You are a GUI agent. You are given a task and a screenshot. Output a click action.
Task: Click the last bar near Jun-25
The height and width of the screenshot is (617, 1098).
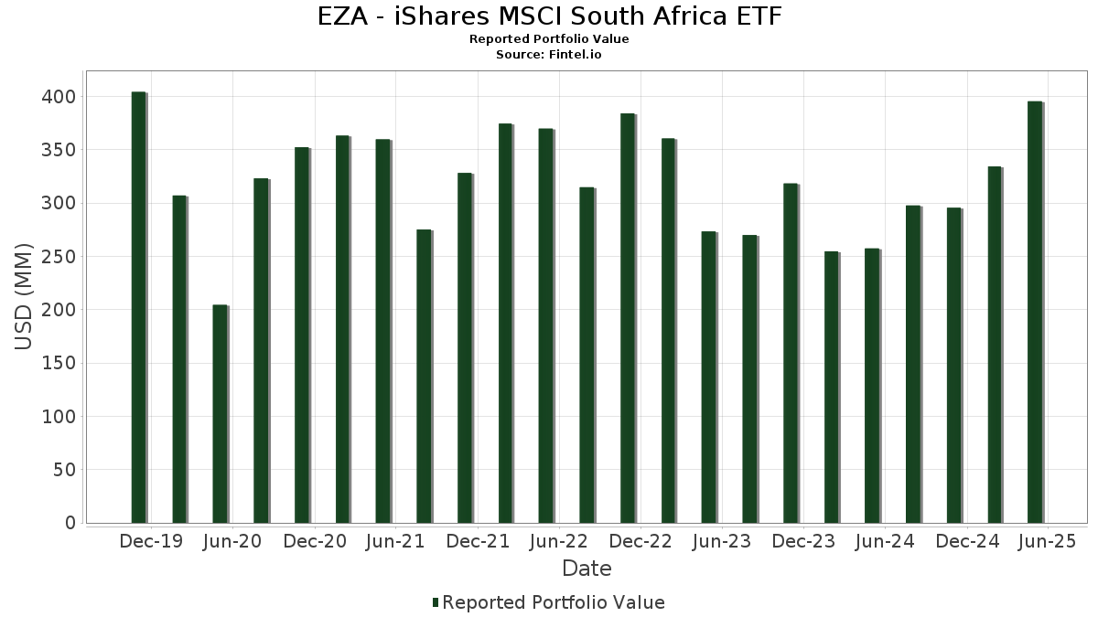tap(1035, 312)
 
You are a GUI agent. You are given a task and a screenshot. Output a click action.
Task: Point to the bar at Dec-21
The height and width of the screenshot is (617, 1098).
tap(465, 347)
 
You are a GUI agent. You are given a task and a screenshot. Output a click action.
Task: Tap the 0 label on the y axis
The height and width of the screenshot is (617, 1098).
tap(70, 523)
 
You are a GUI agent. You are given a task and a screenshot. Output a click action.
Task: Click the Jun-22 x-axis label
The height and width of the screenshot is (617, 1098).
tap(557, 542)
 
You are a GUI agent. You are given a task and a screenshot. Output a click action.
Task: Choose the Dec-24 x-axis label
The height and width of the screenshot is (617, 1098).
tap(966, 542)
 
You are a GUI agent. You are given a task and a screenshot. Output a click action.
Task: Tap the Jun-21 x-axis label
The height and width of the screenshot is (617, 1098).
tap(395, 542)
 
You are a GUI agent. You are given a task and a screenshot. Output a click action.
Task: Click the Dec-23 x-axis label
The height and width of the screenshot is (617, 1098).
tap(803, 542)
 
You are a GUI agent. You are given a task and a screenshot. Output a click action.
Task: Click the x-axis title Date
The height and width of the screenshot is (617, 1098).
tap(587, 569)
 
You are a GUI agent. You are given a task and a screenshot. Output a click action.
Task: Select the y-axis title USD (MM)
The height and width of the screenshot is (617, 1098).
tap(25, 297)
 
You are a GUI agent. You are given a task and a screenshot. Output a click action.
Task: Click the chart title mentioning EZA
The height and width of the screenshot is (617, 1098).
tap(549, 16)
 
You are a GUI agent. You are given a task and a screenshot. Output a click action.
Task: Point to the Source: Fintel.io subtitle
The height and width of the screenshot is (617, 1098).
tap(549, 55)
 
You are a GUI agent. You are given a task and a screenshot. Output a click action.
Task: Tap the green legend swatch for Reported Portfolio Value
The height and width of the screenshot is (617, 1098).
tap(436, 602)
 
